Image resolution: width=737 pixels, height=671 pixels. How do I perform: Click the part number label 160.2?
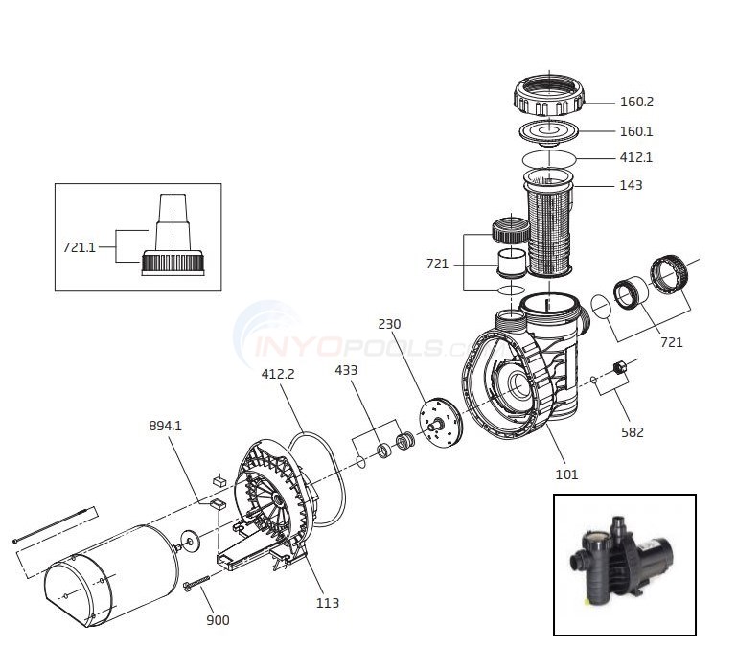coord(636,102)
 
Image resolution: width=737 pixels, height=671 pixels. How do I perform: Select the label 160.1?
coord(636,131)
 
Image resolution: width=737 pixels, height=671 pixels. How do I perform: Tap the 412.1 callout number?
coord(636,158)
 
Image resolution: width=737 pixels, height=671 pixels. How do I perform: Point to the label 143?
coord(631,185)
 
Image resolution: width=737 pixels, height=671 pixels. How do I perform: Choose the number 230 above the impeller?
coord(389,324)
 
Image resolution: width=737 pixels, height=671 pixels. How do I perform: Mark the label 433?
coord(347,369)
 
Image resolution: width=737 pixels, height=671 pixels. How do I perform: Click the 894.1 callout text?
coord(165,426)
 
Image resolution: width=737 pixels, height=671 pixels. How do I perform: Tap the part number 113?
coord(327,603)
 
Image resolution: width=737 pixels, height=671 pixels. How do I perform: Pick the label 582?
coord(633,432)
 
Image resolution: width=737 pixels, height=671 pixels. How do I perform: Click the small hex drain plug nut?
coord(619,368)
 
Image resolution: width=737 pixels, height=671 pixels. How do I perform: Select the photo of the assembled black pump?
coord(624,564)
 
